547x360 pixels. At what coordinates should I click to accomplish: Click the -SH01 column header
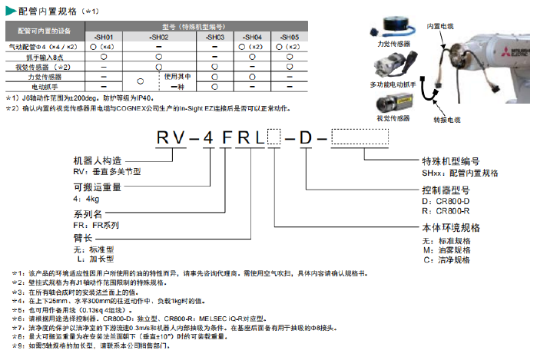(104, 36)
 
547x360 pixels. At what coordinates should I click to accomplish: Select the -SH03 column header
(216, 36)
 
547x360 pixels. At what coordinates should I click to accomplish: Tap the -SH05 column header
(288, 36)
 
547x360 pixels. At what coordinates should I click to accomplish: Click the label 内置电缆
(440, 25)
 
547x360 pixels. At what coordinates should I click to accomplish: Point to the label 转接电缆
(446, 120)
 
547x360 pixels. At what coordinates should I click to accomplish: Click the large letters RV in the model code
(171, 138)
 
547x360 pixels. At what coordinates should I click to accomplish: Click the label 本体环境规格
(451, 228)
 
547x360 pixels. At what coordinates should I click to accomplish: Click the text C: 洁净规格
(446, 259)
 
